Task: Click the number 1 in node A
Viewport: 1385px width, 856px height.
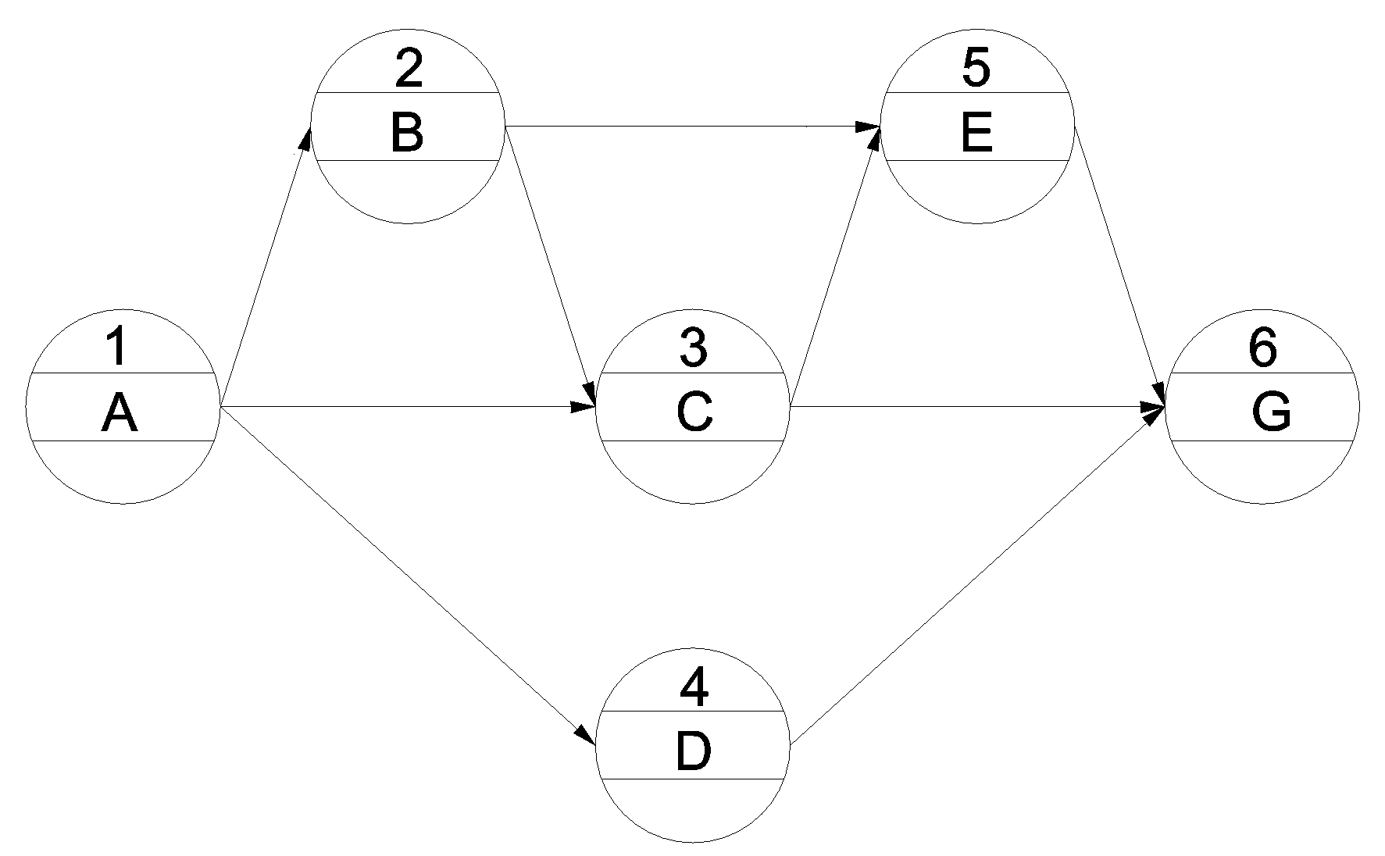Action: pyautogui.click(x=116, y=347)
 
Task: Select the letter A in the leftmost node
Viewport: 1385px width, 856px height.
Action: pyautogui.click(x=119, y=413)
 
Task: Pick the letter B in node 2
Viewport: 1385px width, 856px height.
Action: pyautogui.click(x=407, y=133)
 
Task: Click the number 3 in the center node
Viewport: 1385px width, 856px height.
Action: pyautogui.click(x=694, y=348)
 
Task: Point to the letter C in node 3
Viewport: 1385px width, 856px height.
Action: pyautogui.click(x=694, y=413)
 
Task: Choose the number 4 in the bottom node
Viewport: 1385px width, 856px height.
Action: pyautogui.click(x=694, y=688)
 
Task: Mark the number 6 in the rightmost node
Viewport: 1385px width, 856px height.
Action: pyautogui.click(x=1263, y=348)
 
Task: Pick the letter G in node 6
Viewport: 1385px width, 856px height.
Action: pyautogui.click(x=1271, y=413)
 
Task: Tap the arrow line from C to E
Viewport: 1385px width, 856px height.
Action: pyautogui.click(x=835, y=266)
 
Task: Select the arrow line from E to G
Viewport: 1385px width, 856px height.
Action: pyautogui.click(x=1120, y=266)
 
